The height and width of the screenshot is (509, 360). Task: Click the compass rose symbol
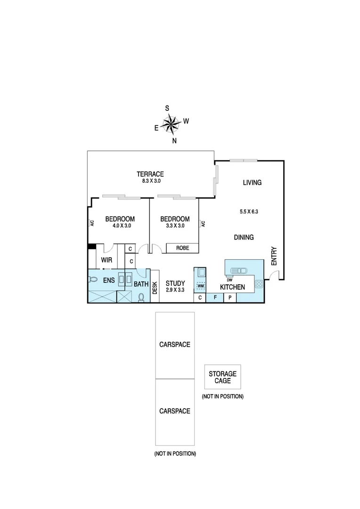point(171,124)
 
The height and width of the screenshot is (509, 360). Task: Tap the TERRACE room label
point(150,173)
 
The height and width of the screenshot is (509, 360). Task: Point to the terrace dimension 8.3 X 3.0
point(150,181)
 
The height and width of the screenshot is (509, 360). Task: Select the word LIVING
point(252,182)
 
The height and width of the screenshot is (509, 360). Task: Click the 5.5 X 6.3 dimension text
point(249,212)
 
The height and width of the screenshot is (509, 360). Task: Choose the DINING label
point(244,238)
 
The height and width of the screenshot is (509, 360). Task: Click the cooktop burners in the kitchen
point(259,284)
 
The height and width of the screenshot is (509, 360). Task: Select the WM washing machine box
point(201,286)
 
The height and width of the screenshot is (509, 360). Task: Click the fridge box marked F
point(215,298)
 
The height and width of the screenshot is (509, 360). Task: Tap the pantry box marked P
point(230,298)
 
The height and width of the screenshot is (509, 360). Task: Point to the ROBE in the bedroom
point(183,248)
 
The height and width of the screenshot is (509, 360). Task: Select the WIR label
point(106,260)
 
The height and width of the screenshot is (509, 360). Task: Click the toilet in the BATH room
point(141,297)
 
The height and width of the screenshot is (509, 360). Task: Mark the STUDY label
point(175,283)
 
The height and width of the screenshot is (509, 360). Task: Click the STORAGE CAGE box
point(222,377)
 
